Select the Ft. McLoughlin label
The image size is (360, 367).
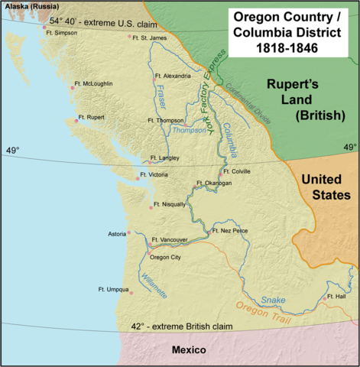point(93,83)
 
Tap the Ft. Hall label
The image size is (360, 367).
point(337,297)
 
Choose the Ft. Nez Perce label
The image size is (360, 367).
point(230,230)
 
